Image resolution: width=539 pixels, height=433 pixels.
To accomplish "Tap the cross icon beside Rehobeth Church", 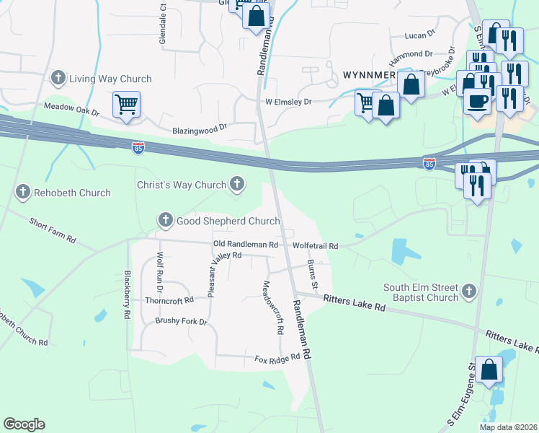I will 23,192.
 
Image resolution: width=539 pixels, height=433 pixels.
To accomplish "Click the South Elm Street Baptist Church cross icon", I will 469,292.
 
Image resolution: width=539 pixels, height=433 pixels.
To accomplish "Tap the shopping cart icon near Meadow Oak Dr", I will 127,105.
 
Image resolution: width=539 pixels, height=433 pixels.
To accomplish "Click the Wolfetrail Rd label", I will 316,246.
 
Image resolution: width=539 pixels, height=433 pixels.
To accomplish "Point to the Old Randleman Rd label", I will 245,245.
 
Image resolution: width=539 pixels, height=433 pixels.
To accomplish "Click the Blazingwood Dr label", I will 200,129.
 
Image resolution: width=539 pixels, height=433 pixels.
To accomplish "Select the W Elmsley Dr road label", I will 288,102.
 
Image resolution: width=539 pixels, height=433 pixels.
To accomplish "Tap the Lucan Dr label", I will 421,35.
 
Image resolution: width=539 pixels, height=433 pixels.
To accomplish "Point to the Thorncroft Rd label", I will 169,299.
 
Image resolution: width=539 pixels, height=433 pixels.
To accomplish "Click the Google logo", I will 24,424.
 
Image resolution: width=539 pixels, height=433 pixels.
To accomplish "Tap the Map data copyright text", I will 508,427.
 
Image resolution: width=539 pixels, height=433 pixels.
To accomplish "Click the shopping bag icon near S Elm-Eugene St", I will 489,370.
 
